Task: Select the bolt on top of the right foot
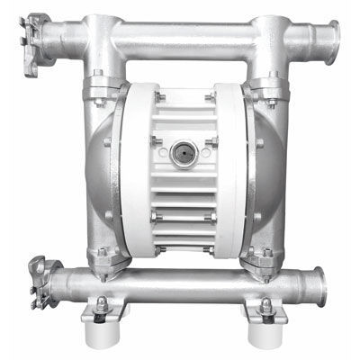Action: (x=267, y=304)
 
